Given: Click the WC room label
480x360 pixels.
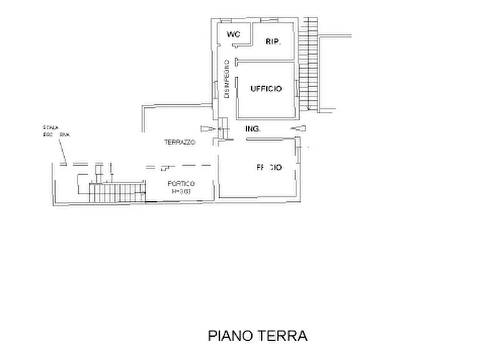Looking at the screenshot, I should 233,34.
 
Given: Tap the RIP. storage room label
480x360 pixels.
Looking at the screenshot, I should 274,41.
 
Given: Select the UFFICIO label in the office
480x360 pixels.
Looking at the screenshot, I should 266,89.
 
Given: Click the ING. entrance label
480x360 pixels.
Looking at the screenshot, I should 253,129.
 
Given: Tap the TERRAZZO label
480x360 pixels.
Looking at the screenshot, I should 180,143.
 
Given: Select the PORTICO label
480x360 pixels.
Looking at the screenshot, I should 177,184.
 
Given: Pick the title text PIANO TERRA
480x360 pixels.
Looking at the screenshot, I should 257,336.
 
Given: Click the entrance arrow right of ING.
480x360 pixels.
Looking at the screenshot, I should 298,128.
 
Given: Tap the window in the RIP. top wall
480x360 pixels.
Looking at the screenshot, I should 273,20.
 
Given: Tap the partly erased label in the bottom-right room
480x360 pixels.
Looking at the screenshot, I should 269,168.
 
